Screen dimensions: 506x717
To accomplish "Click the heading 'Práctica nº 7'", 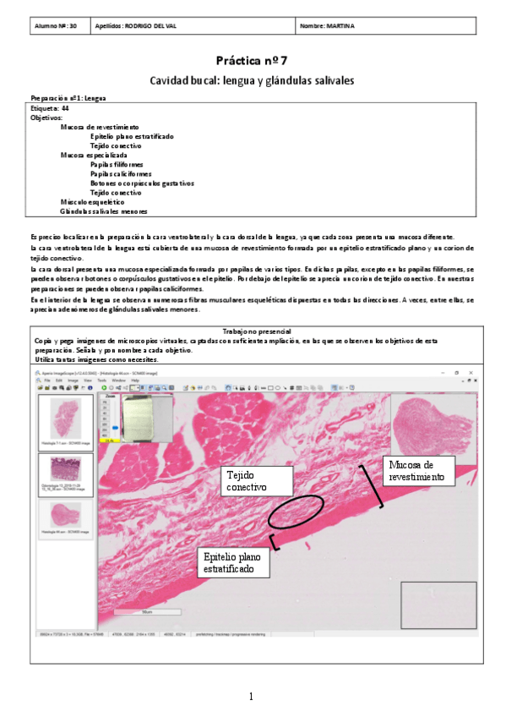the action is [x=252, y=61].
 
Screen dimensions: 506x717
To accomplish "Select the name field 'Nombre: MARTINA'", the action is [x=328, y=26].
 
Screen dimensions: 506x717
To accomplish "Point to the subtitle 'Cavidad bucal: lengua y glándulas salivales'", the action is [x=252, y=80].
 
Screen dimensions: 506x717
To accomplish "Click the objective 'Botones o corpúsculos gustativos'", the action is [x=142, y=183].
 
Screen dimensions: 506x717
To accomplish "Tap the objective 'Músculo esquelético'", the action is [x=92, y=202].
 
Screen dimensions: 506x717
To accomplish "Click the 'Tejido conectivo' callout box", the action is [x=256, y=482].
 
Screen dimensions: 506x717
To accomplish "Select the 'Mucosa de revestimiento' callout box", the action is [x=422, y=471].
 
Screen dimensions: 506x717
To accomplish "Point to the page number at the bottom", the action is [x=251, y=696].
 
